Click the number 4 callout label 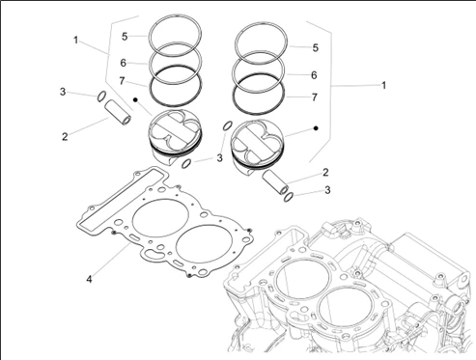[89, 279]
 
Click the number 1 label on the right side [383, 85]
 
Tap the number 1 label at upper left [75, 41]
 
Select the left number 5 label [125, 37]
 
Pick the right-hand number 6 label [314, 75]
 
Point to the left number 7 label [122, 81]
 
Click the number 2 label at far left [65, 136]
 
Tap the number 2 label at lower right [325, 172]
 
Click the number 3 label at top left [63, 92]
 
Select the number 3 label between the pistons [219, 158]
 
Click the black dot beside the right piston [316, 128]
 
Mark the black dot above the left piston [135, 100]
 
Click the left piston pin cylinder [118, 112]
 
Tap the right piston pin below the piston [275, 182]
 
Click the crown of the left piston [175, 129]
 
